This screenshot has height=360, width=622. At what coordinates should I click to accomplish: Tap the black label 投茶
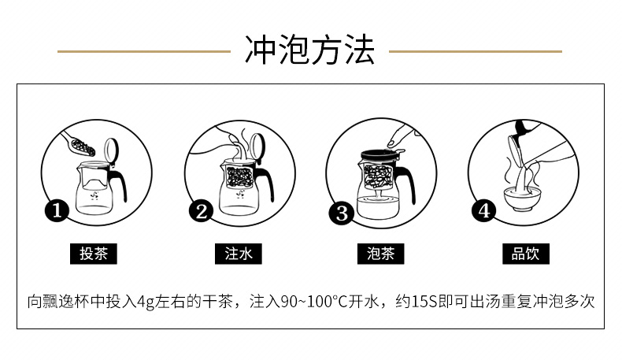[94, 254]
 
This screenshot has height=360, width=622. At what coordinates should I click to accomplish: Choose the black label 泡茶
[380, 254]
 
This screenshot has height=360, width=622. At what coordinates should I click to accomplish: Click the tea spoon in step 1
[78, 145]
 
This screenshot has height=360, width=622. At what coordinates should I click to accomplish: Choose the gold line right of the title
[476, 52]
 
